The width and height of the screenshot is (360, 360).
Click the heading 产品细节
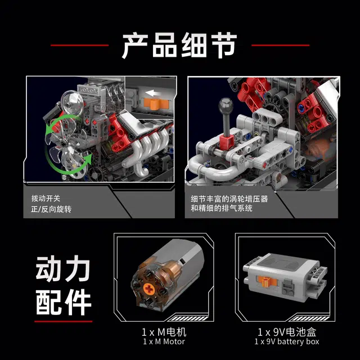179,45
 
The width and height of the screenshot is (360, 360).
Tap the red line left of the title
79,45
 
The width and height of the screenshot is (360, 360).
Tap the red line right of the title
280,45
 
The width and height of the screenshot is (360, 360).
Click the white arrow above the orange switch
153,93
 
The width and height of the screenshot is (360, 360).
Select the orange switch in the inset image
156,104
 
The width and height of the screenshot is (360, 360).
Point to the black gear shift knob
226,106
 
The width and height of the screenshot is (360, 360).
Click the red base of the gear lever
226,142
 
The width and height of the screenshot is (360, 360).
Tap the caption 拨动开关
46,199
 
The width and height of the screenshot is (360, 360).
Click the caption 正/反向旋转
51,209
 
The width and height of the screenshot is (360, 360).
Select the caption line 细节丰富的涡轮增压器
229,199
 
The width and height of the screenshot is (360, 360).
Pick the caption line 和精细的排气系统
222,208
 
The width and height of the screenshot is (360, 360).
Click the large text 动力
62,269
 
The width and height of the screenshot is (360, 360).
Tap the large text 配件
64,302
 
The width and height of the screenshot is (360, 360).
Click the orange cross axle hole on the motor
148,289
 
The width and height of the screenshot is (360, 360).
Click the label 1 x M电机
164,332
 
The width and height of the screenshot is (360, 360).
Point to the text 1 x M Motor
164,341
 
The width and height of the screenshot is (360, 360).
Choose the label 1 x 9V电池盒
287,332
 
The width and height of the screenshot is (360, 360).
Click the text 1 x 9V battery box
287,341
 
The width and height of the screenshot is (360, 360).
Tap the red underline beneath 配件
64,321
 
